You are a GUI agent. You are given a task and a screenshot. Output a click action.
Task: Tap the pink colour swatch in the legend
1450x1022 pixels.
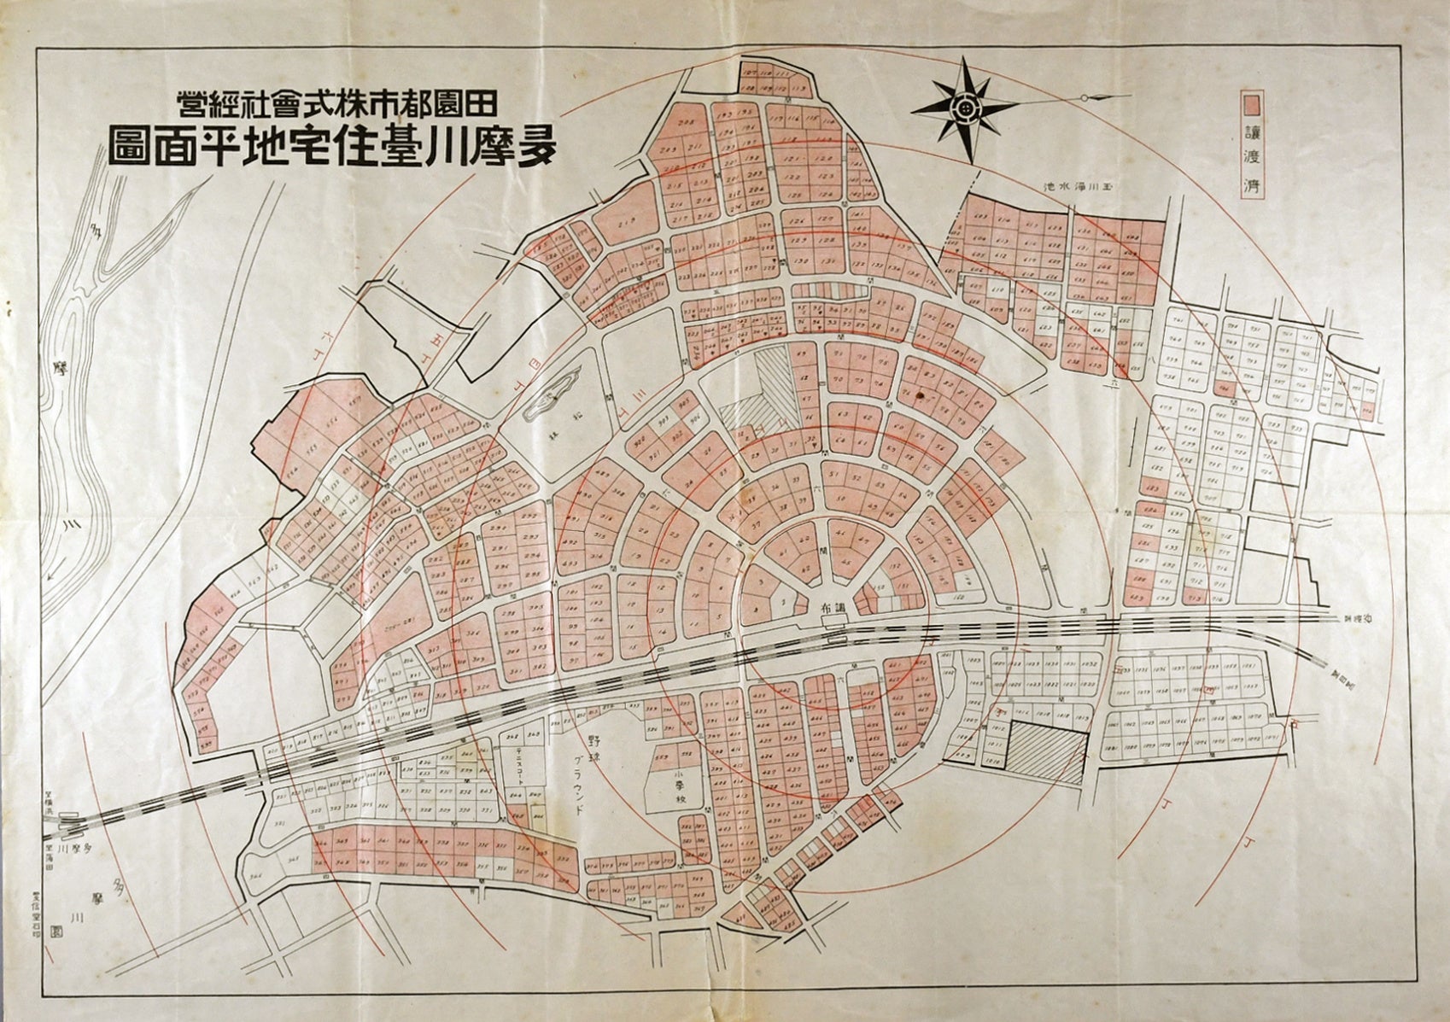point(1253,104)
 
